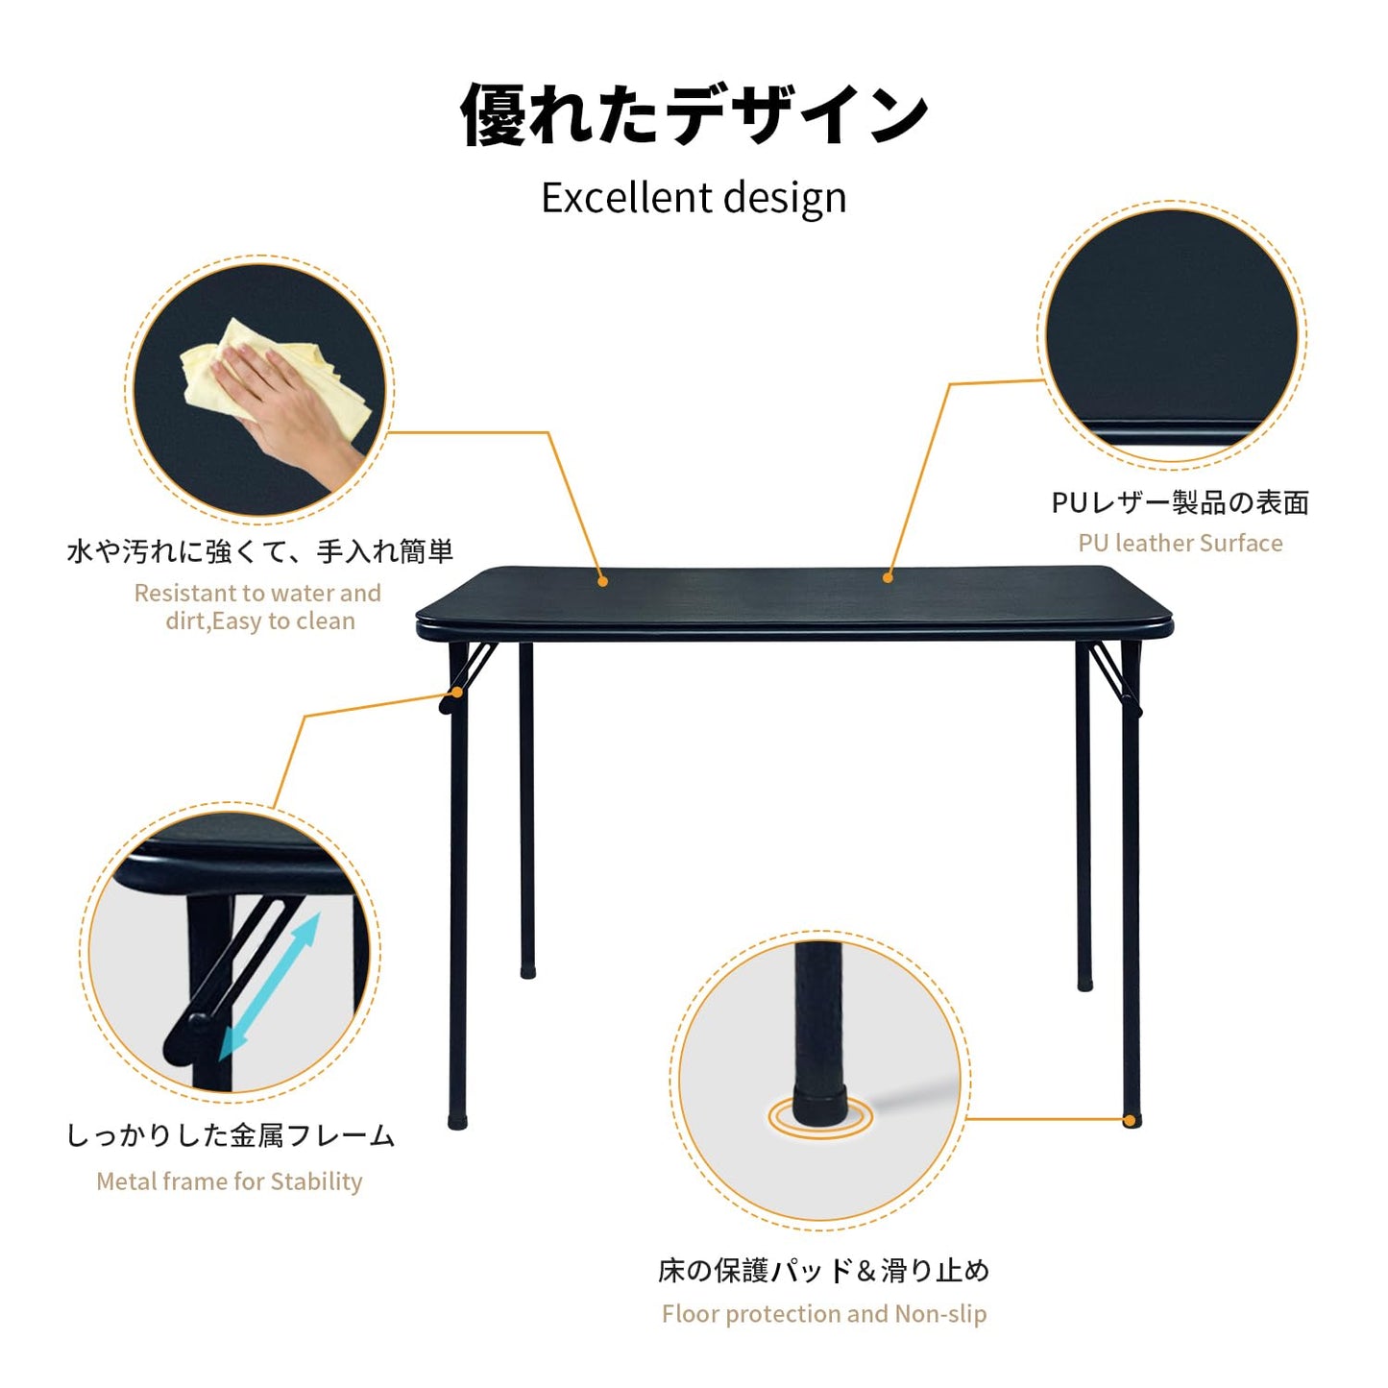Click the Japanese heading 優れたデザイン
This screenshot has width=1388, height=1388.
tap(694, 115)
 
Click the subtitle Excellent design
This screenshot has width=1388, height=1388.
tap(694, 198)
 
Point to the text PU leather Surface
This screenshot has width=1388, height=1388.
tap(1180, 544)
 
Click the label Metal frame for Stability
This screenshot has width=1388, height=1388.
tap(230, 1181)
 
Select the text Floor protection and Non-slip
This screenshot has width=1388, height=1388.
tap(824, 1314)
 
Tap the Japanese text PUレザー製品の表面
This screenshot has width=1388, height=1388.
tap(1180, 502)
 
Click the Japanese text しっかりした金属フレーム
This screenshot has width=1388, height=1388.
tap(230, 1135)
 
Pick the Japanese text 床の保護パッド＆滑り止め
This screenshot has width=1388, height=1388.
tap(824, 1271)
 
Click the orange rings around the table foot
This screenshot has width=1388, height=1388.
tap(820, 1119)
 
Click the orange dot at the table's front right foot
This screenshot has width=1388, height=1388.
tap(1131, 1120)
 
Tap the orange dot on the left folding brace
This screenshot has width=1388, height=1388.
tap(458, 693)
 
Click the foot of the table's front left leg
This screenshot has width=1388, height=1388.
tap(458, 1121)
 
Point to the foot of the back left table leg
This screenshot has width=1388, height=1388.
tap(527, 972)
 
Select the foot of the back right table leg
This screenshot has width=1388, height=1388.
tap(1084, 984)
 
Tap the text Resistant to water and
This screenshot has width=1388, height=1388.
tap(257, 594)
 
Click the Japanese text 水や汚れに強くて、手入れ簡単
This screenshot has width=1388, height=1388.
tap(259, 551)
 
